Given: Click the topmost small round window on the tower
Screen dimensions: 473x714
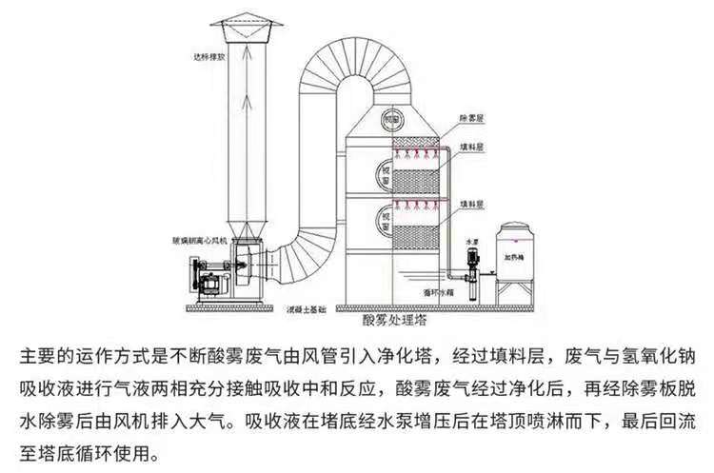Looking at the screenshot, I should [x=390, y=121].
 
